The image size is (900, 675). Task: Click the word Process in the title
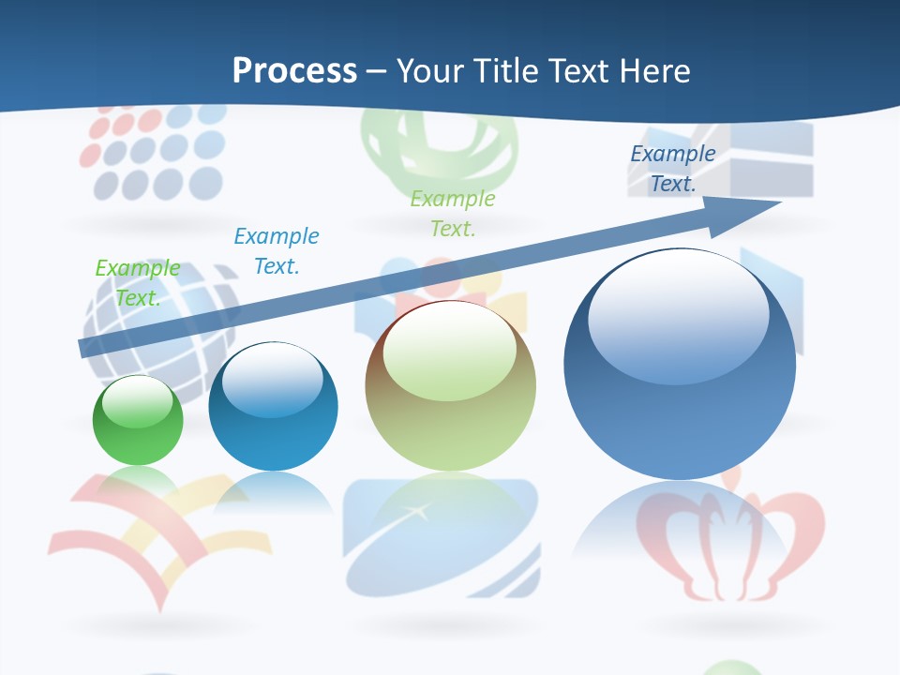(x=294, y=71)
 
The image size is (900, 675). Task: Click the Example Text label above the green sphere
(x=137, y=283)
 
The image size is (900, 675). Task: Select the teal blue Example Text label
(x=277, y=250)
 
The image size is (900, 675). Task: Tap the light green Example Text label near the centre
(x=453, y=213)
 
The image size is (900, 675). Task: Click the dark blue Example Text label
(x=673, y=169)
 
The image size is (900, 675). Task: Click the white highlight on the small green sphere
(x=137, y=401)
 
